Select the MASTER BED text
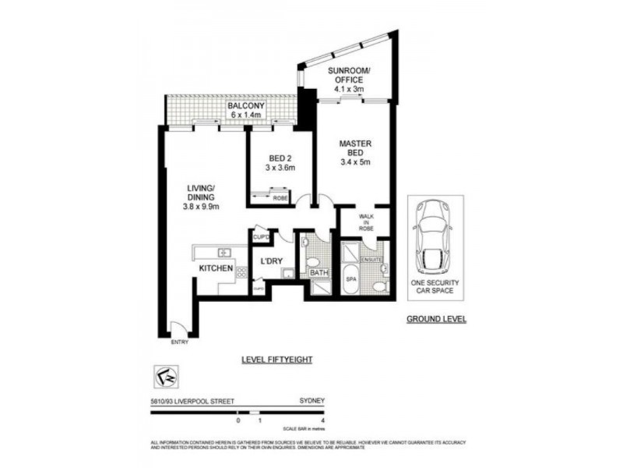coord(354,148)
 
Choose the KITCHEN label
coord(216,268)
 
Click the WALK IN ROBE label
coord(366,222)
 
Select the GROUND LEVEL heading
coord(436,320)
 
